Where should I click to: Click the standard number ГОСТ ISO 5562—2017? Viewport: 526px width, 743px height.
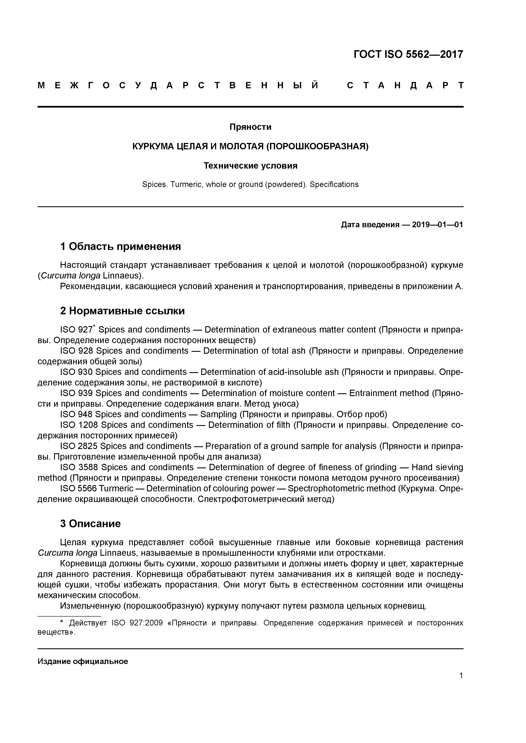coord(408,54)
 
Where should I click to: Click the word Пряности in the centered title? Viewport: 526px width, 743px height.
coord(250,127)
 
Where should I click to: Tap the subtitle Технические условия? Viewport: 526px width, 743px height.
coord(250,166)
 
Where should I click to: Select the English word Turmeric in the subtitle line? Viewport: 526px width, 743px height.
coord(186,184)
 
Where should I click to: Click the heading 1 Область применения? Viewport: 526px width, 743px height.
coord(120,247)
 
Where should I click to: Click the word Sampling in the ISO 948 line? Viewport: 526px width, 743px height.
coord(218,414)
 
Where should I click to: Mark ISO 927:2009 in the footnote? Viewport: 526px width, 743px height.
coord(137,623)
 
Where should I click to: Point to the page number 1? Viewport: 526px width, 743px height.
coord(461,675)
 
